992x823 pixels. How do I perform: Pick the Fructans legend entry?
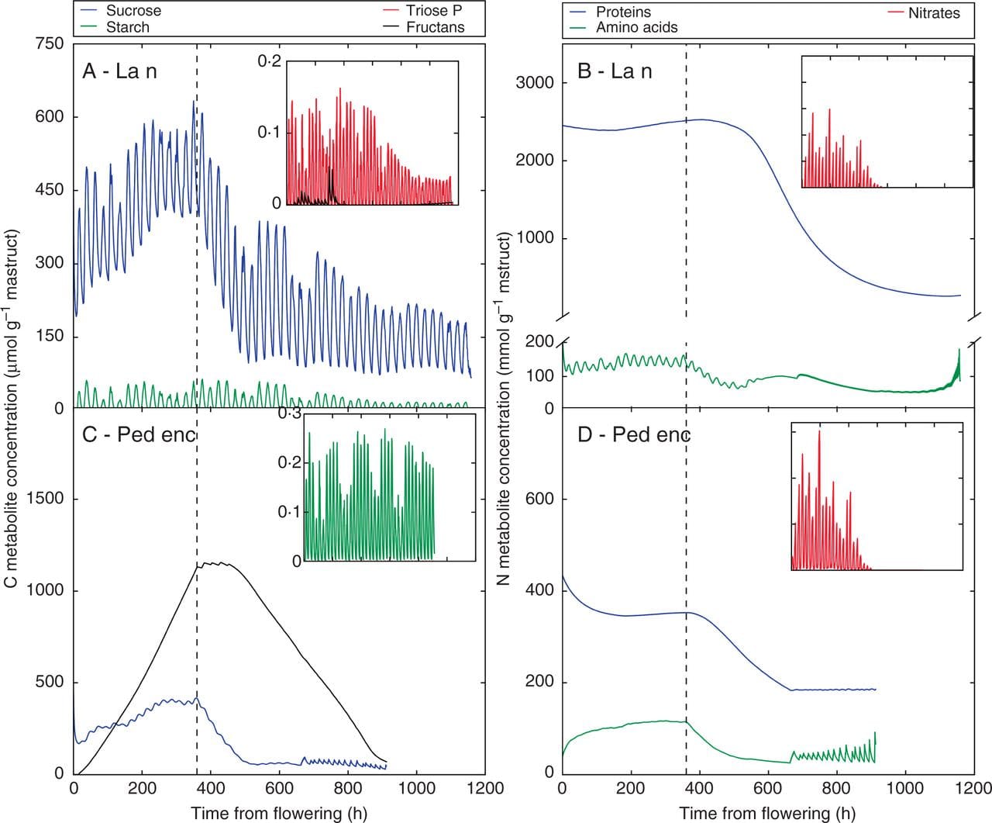click(435, 27)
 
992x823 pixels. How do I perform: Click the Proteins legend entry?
click(623, 12)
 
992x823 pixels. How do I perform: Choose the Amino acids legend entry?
click(636, 28)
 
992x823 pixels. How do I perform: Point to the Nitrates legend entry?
click(933, 13)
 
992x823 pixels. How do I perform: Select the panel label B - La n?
click(615, 71)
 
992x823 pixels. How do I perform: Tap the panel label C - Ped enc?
click(139, 434)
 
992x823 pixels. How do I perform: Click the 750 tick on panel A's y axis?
click(49, 44)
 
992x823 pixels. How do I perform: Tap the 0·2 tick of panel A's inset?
click(270, 62)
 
